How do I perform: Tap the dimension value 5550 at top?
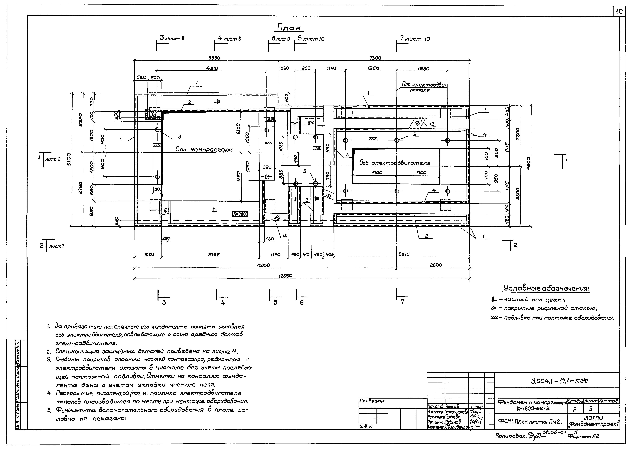point(213,58)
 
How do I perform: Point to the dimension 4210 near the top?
point(212,69)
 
